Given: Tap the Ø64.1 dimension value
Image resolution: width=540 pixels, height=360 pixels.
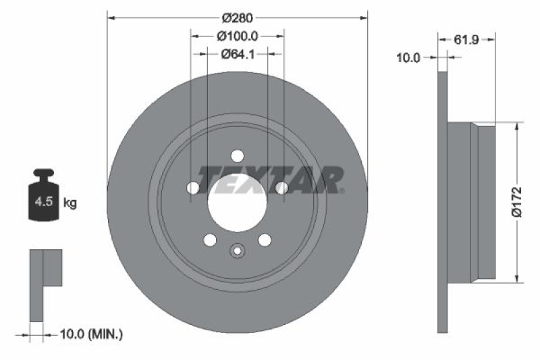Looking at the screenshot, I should pos(237,55).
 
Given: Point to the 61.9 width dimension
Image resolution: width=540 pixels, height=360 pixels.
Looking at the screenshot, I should pos(466,41).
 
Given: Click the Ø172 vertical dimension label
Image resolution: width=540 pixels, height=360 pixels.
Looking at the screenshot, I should pos(516,202).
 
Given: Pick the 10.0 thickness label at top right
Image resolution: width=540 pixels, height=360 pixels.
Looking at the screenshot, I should pos(408,58).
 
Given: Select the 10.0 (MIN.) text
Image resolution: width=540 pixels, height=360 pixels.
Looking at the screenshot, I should pos(91,333).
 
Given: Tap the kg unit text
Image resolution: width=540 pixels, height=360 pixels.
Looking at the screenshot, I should pos(70,202).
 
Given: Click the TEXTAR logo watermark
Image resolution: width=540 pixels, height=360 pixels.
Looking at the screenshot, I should pos(270,180).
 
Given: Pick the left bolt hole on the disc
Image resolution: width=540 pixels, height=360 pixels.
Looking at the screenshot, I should pos(192,187).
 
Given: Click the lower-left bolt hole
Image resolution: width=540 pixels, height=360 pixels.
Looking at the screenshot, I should pos(209,240).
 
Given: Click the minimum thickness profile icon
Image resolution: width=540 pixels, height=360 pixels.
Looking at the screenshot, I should pos(45,284).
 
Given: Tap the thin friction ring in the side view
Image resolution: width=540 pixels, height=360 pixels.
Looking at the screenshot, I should pos(443,202).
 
